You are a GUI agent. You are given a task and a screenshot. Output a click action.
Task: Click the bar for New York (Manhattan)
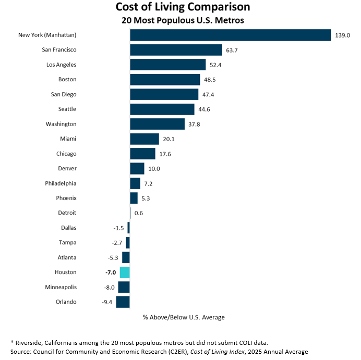[230, 35]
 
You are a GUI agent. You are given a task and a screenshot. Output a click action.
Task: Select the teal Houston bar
[125, 272]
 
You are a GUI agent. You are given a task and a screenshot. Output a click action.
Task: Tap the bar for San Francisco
[176, 49]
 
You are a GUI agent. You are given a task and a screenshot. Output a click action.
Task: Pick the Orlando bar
[123, 302]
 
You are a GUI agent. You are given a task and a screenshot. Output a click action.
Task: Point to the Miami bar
[144, 139]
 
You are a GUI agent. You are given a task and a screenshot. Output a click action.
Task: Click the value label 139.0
[342, 35]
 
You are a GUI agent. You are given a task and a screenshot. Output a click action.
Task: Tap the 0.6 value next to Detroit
[138, 213]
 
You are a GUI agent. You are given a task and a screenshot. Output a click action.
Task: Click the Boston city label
[67, 79]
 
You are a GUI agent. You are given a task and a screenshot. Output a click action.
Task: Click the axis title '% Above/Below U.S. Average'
[184, 317]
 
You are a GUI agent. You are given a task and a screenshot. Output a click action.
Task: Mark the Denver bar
[137, 168]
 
